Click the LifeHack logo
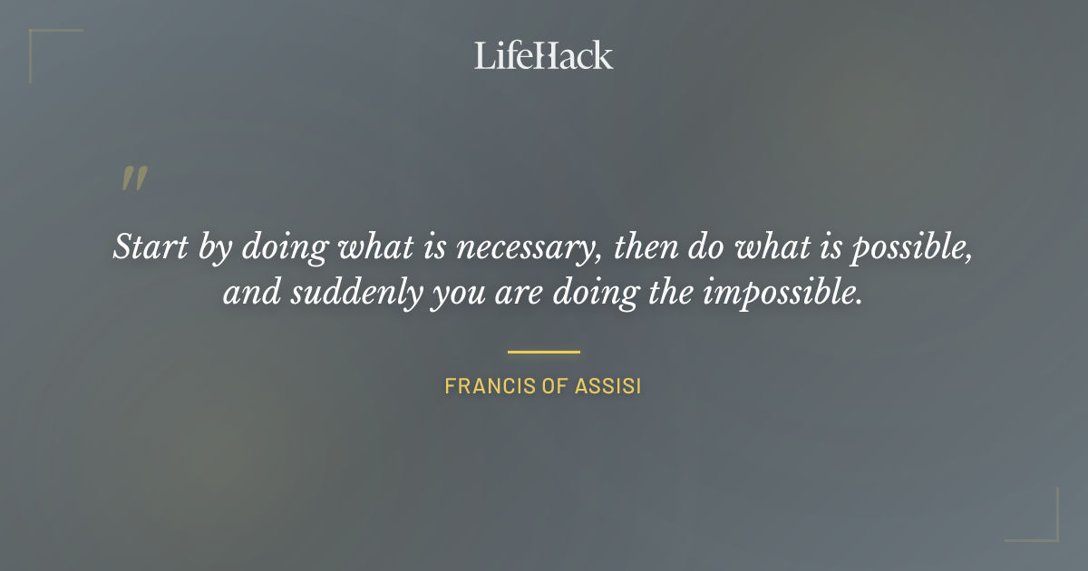click(543, 55)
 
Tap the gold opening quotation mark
click(133, 179)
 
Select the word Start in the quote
click(143, 247)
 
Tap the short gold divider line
click(544, 352)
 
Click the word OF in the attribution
click(553, 387)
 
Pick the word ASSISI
click(608, 387)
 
